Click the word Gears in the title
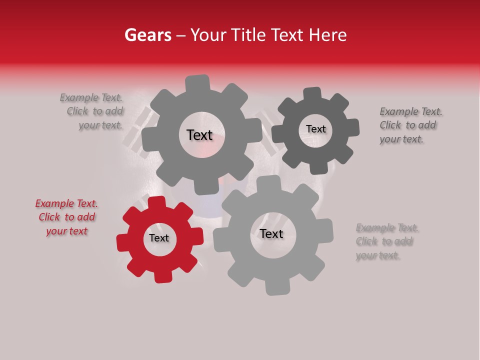pyautogui.click(x=147, y=35)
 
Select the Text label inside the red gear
pyautogui.click(x=159, y=238)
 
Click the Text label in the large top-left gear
pyautogui.click(x=199, y=135)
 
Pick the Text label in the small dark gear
pyautogui.click(x=315, y=129)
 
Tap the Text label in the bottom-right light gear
pyautogui.click(x=271, y=233)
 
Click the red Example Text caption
pyautogui.click(x=66, y=217)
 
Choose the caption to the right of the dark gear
pyautogui.click(x=410, y=125)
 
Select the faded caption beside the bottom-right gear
pyautogui.click(x=386, y=242)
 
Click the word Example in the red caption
pyautogui.click(x=54, y=203)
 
